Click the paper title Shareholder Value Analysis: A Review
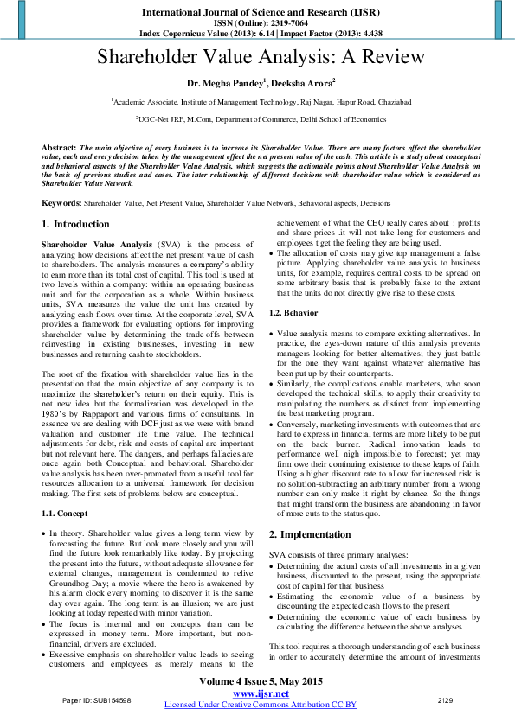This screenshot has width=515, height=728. (260, 59)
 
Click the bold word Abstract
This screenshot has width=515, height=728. (58, 149)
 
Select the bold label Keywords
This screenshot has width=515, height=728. (61, 203)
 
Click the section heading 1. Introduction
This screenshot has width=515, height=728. (76, 225)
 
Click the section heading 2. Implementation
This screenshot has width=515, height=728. (312, 534)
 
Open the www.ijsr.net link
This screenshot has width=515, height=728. (261, 693)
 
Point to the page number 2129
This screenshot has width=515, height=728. (446, 699)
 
